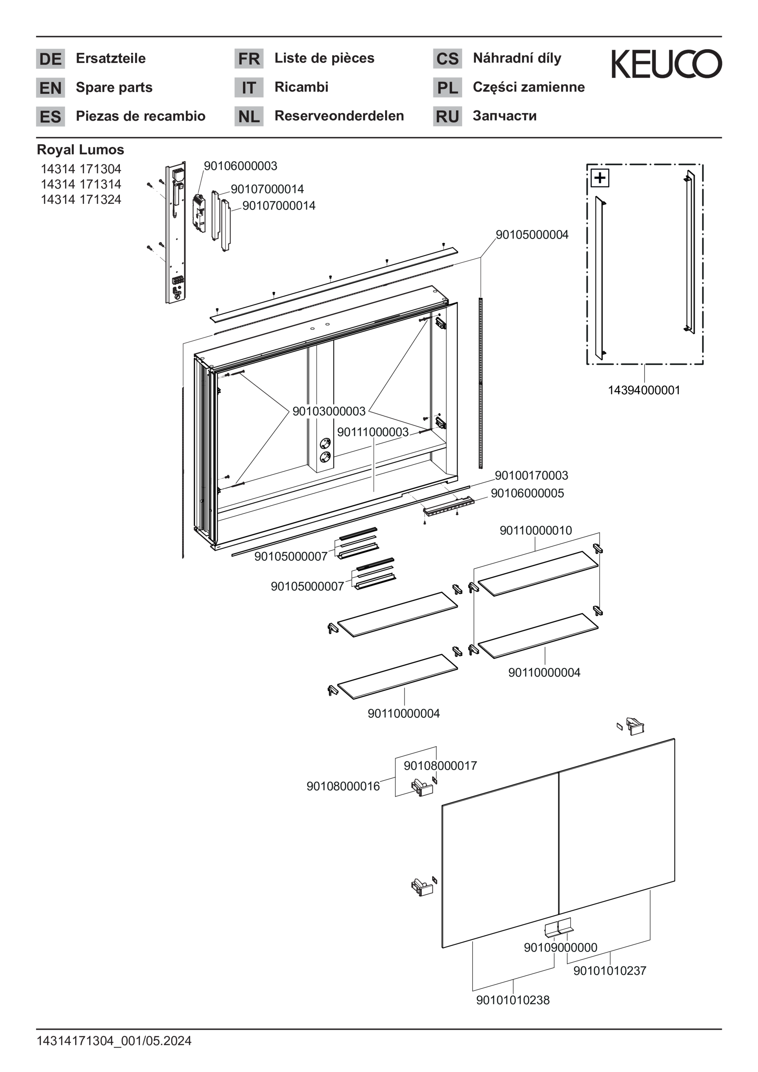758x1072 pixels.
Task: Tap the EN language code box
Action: pyautogui.click(x=50, y=88)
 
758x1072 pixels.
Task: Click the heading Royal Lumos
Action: pyautogui.click(x=80, y=150)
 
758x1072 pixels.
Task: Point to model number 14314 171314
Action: pyautogui.click(x=81, y=184)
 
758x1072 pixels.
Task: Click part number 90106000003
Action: pyautogui.click(x=241, y=166)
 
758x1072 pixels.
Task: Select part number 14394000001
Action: pyautogui.click(x=644, y=390)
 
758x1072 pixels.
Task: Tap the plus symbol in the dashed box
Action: pyautogui.click(x=600, y=178)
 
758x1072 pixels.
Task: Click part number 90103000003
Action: pyautogui.click(x=329, y=411)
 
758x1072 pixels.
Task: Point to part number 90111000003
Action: pyautogui.click(x=373, y=432)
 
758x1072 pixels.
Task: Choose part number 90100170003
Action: pyautogui.click(x=531, y=476)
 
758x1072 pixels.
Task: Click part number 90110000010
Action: pyautogui.click(x=536, y=530)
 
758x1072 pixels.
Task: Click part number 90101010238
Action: pyautogui.click(x=513, y=1000)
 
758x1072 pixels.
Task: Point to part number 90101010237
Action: pyautogui.click(x=609, y=971)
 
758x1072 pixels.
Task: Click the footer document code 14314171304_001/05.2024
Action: pyautogui.click(x=114, y=1041)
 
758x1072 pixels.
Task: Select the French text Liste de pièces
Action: pyautogui.click(x=324, y=58)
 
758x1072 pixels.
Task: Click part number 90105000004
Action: pyautogui.click(x=532, y=235)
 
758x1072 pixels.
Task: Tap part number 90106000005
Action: pyautogui.click(x=527, y=494)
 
